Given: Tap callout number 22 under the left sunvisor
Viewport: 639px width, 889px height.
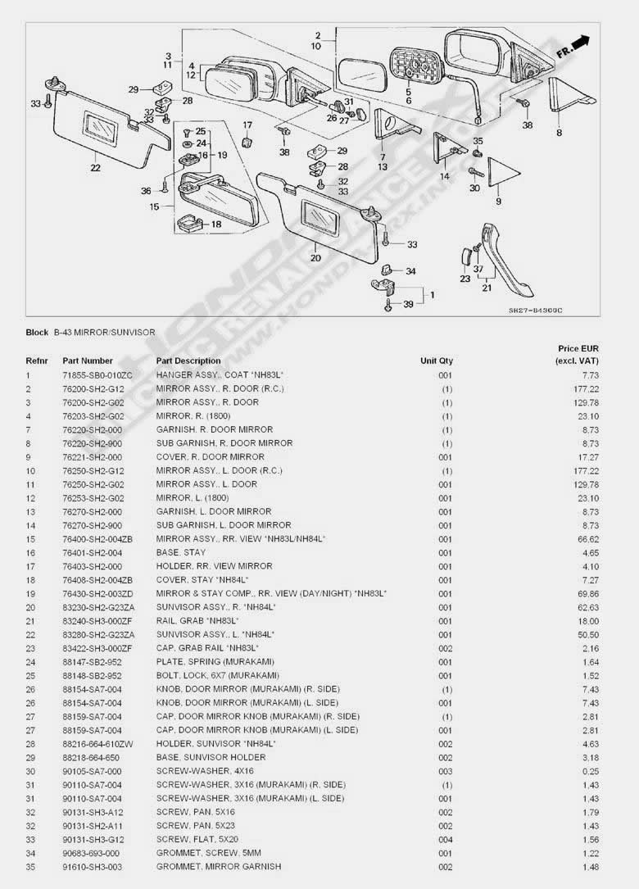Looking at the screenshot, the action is pyautogui.click(x=96, y=168).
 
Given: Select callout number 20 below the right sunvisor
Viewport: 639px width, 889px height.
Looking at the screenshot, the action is pyautogui.click(x=316, y=258).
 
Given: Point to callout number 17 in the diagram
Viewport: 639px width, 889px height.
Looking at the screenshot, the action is pyautogui.click(x=247, y=125).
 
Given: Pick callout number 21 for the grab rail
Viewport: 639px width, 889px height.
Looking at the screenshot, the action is pyautogui.click(x=487, y=288).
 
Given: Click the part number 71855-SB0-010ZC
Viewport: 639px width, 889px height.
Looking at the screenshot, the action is pyautogui.click(x=97, y=375).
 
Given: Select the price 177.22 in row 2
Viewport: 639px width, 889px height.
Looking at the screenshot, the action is pyautogui.click(x=587, y=389).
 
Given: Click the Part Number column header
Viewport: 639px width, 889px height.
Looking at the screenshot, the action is pyautogui.click(x=88, y=361).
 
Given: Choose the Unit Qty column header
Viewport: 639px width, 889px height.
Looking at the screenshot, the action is pyautogui.click(x=437, y=361).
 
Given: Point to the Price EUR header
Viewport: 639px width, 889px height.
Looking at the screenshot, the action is pyautogui.click(x=578, y=349).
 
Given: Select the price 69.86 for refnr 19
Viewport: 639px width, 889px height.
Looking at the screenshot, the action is pyautogui.click(x=588, y=593).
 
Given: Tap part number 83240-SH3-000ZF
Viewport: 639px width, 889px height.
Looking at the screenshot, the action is pyautogui.click(x=97, y=621).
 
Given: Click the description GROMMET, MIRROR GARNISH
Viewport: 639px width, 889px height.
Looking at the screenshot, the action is pyautogui.click(x=219, y=866).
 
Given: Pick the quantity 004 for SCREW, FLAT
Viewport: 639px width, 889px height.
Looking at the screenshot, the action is pyautogui.click(x=446, y=839).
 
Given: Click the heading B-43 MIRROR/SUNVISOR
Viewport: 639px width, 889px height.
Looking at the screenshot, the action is pyautogui.click(x=105, y=332).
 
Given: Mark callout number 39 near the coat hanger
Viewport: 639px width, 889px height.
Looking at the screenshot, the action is pyautogui.click(x=408, y=305).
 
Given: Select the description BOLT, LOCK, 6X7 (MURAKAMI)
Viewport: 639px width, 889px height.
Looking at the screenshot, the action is pyautogui.click(x=218, y=675).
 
